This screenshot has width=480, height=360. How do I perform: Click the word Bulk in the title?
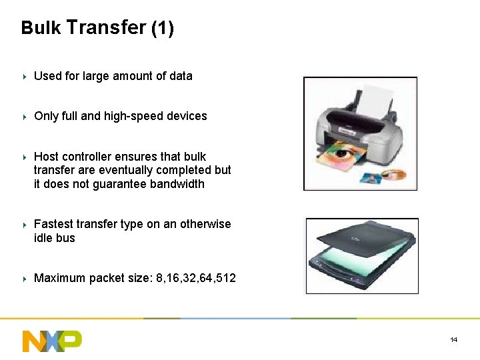click(41, 28)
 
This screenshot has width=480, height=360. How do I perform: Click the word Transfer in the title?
click(106, 27)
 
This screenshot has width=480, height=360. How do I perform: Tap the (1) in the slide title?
click(163, 28)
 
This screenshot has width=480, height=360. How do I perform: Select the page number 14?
click(454, 340)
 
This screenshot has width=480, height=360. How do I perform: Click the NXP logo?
click(52, 340)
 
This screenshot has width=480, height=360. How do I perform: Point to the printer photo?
click(360, 133)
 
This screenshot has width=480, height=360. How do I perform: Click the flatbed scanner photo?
click(362, 255)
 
